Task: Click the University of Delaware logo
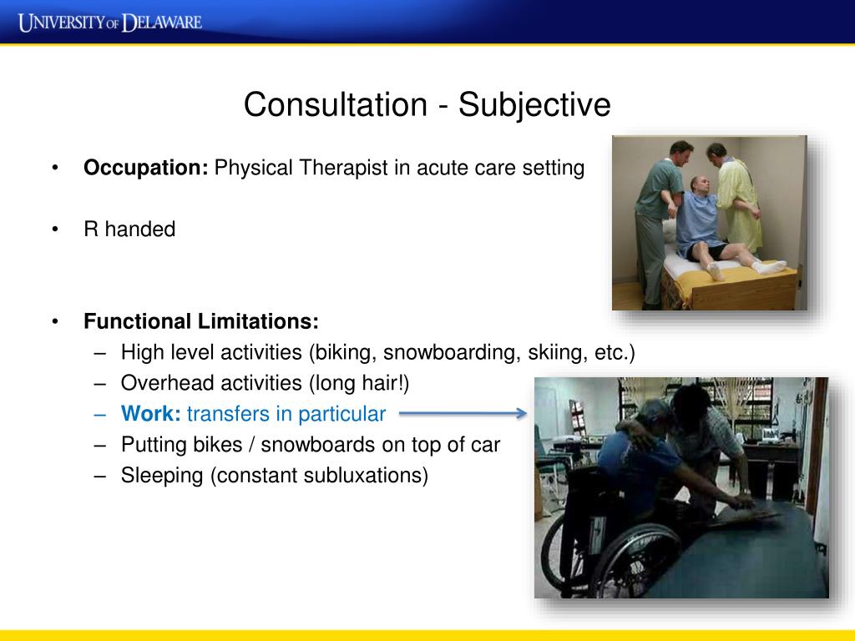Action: [x=110, y=23]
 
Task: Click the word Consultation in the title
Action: [x=336, y=104]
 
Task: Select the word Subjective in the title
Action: [x=534, y=105]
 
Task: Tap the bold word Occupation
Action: [x=145, y=168]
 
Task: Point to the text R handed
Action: [x=129, y=229]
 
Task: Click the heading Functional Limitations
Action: [x=200, y=321]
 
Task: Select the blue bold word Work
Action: [x=150, y=414]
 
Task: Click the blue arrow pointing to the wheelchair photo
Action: [x=463, y=414]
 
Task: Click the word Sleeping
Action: [x=162, y=476]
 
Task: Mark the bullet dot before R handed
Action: [x=55, y=230]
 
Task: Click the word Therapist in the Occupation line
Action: [x=343, y=168]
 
